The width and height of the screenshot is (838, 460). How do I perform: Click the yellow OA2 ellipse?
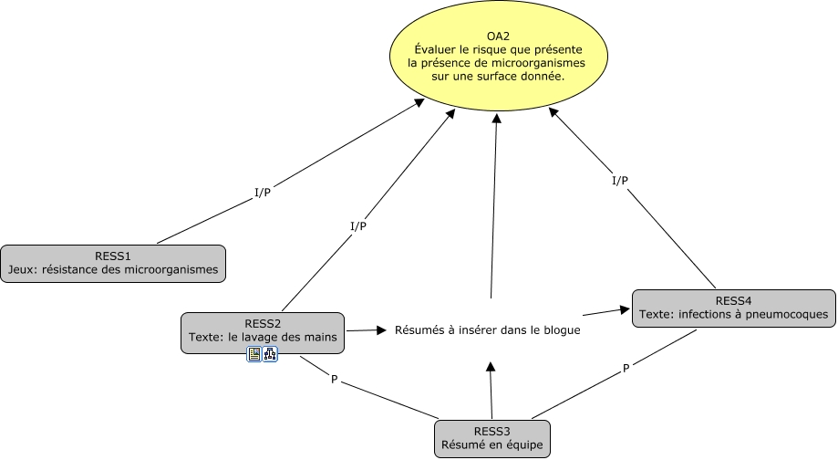(498, 57)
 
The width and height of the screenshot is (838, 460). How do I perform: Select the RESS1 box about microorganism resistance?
(113, 262)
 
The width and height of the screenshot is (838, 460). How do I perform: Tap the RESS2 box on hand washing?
(263, 330)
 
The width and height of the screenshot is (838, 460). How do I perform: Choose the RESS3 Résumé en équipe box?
(492, 439)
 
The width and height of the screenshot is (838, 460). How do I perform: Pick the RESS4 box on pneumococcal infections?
(733, 308)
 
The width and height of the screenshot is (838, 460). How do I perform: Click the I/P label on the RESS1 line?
(262, 193)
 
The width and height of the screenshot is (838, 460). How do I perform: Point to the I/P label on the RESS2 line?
(358, 226)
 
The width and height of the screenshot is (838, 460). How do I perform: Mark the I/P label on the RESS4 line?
(619, 181)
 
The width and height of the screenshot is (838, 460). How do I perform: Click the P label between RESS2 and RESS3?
(335, 379)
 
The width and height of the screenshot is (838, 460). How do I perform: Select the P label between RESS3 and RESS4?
(626, 368)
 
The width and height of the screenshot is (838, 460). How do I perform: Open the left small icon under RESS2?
(254, 354)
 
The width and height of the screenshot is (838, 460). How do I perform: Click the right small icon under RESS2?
(270, 354)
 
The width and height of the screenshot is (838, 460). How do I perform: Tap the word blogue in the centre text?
(558, 330)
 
